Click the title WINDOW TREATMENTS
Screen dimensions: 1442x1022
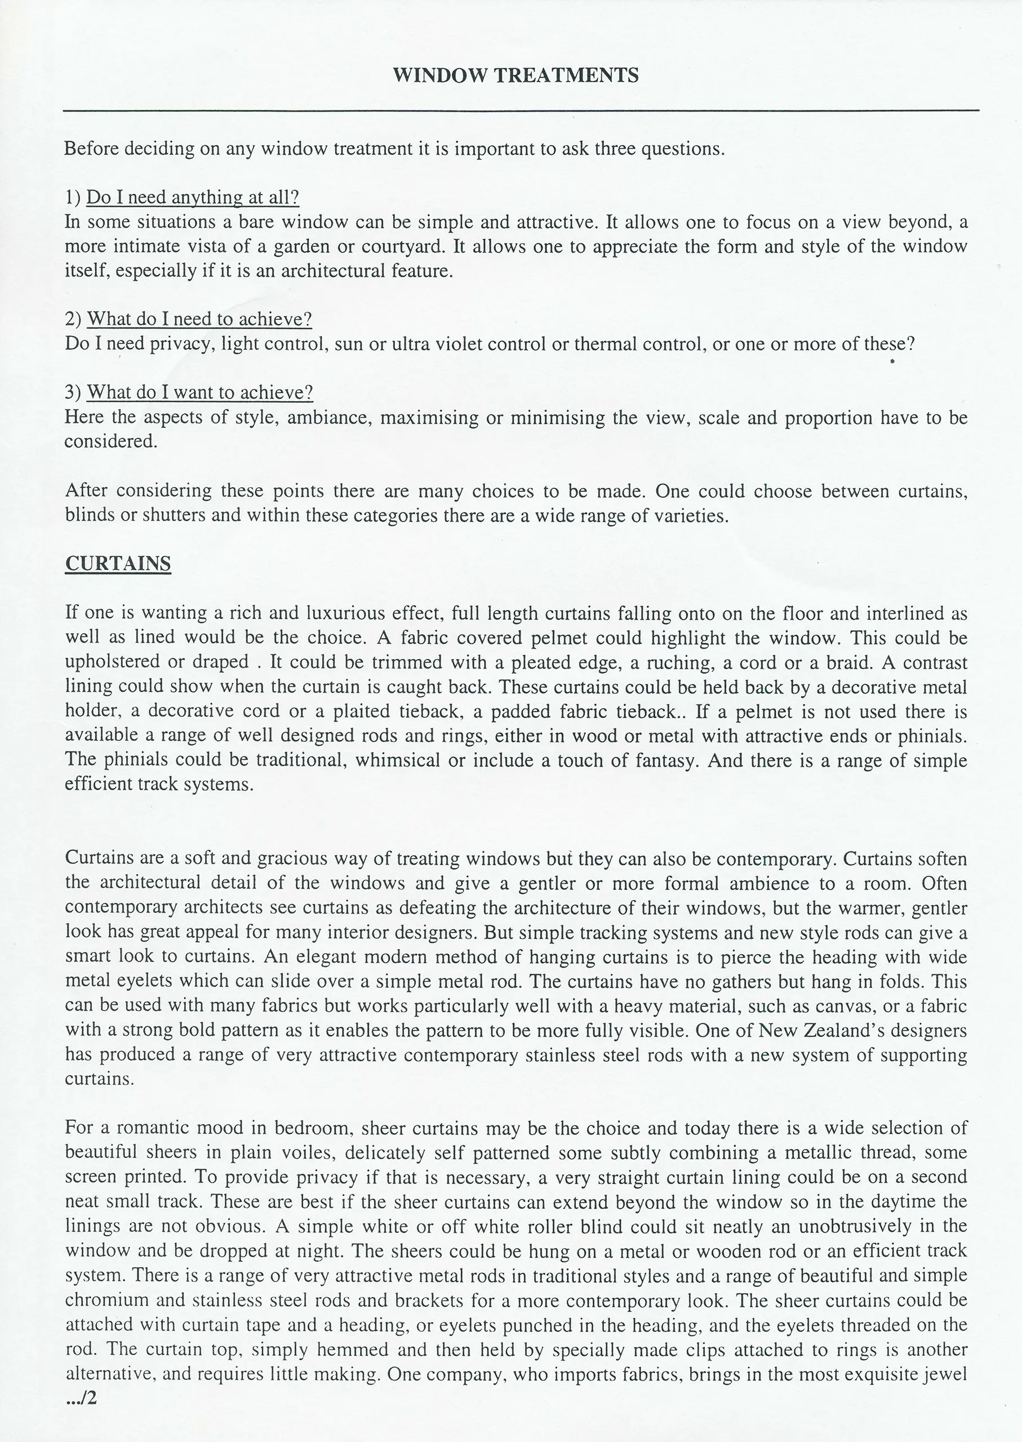click(516, 75)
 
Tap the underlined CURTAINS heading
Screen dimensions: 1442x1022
click(118, 563)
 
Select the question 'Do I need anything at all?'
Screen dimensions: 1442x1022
click(193, 198)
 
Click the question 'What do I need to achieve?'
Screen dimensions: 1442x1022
click(199, 319)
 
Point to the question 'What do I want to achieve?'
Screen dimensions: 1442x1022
click(199, 393)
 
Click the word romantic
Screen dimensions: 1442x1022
click(150, 1128)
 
